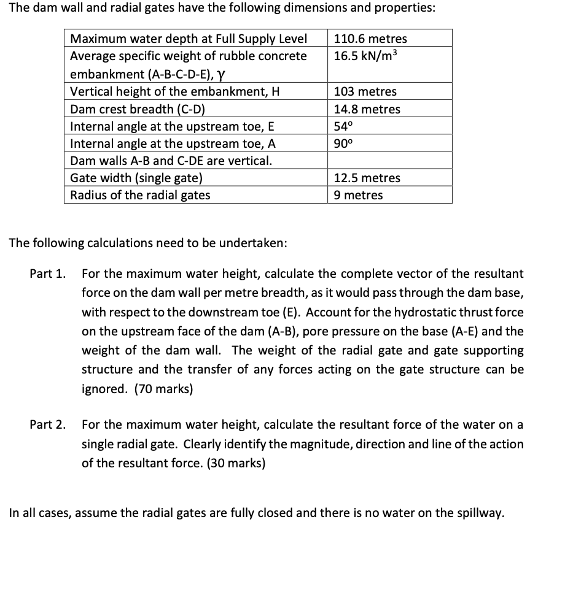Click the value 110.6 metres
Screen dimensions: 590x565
pyautogui.click(x=370, y=39)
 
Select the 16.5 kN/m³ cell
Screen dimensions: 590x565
pyautogui.click(x=366, y=56)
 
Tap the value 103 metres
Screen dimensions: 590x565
pyautogui.click(x=365, y=92)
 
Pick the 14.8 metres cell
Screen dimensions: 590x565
pyautogui.click(x=367, y=109)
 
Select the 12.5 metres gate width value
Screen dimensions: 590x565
pyautogui.click(x=367, y=178)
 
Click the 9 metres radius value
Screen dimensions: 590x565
pyautogui.click(x=358, y=195)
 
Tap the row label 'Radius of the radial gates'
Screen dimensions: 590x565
pyautogui.click(x=140, y=195)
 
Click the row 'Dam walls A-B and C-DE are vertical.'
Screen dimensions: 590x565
pyautogui.click(x=171, y=161)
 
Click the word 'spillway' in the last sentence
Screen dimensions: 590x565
pyautogui.click(x=477, y=513)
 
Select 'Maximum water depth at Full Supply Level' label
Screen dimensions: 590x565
pyautogui.click(x=189, y=39)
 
